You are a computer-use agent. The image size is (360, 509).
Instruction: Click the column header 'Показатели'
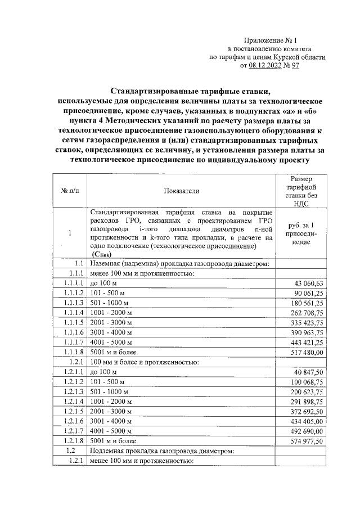click(x=181, y=191)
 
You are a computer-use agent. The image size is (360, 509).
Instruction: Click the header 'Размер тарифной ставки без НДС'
click(x=304, y=191)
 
